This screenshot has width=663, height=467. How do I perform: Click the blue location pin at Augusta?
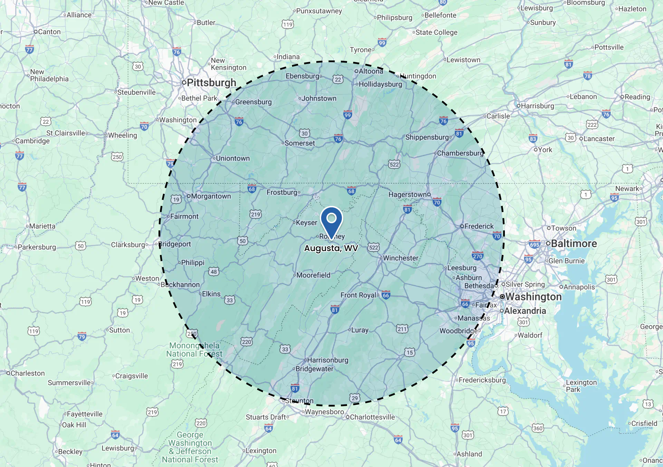point(331,220)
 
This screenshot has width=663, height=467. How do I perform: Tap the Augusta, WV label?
point(331,248)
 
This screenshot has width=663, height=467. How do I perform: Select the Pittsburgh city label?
point(211,83)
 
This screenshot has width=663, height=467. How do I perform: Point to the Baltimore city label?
point(574,244)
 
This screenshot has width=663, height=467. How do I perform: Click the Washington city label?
point(533,297)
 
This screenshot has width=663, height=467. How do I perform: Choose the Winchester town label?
point(400,258)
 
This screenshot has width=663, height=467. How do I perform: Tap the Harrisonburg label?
point(327,360)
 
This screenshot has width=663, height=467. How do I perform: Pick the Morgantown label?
point(211,196)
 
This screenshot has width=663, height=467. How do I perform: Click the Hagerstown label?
point(409,194)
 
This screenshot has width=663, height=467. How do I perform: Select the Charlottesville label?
point(372,417)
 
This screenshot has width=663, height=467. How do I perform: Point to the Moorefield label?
point(313,275)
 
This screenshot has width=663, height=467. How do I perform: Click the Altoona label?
point(371,71)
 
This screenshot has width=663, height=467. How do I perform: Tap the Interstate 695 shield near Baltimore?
point(534,244)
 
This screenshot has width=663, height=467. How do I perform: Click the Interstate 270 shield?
point(478,256)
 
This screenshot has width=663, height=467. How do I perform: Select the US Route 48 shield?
point(214,271)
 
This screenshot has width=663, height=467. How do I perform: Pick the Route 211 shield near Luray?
point(402,329)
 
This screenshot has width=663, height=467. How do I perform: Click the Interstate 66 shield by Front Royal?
point(386,295)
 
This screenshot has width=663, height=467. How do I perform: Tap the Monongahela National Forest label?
point(194,350)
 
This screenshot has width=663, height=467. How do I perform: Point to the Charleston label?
point(27,373)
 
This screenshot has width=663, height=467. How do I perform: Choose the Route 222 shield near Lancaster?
point(592,125)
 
